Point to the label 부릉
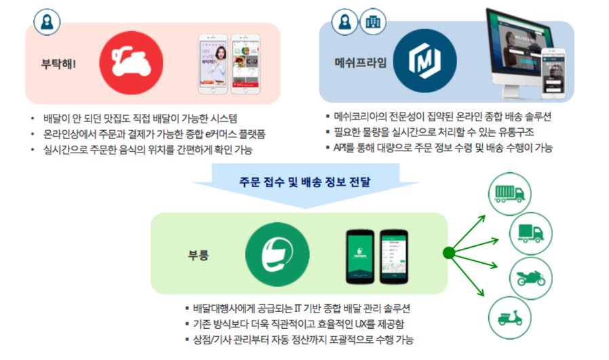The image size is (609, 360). click(x=198, y=256)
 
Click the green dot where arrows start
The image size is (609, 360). click(x=448, y=254)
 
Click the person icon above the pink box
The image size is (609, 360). click(x=47, y=22)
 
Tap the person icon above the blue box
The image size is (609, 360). click(x=345, y=22)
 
